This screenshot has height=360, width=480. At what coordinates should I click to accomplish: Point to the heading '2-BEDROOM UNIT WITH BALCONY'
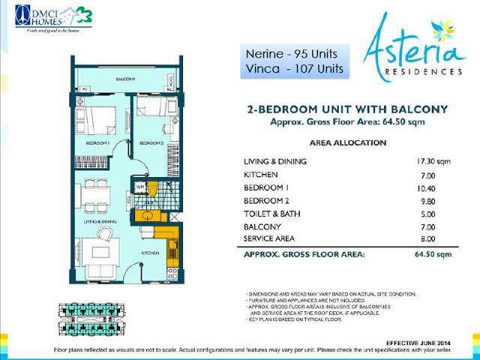tap(347, 109)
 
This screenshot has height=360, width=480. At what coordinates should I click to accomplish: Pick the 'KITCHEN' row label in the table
tap(261, 175)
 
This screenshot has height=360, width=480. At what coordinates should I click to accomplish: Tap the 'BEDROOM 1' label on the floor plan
tap(97, 142)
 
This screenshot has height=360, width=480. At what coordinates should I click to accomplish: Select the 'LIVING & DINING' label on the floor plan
tap(97, 223)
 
